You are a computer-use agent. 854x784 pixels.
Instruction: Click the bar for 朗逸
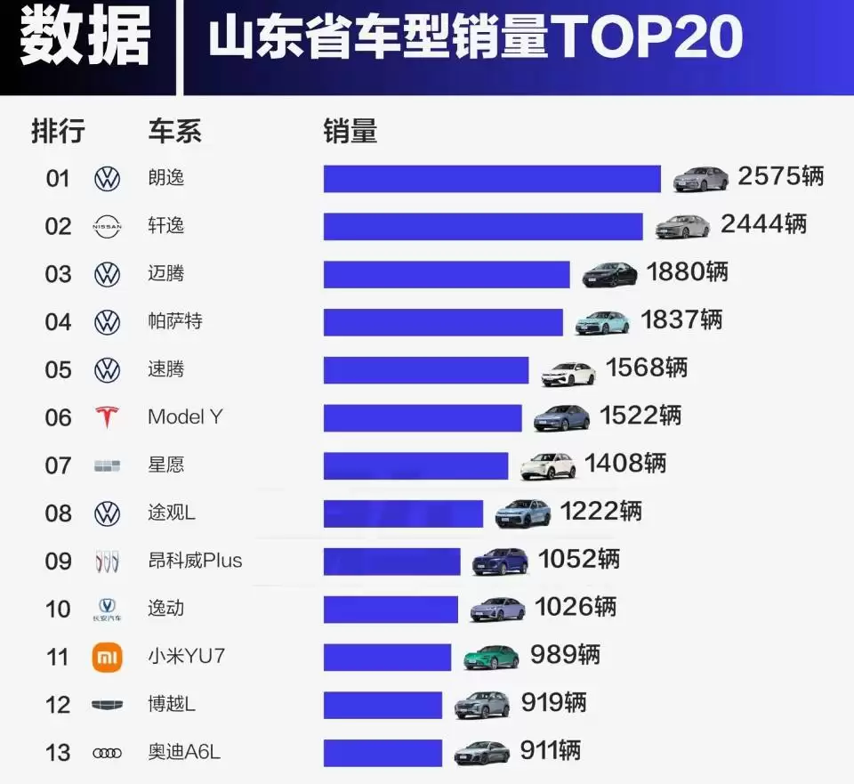click(x=492, y=178)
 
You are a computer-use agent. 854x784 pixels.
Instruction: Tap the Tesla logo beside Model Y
click(x=107, y=416)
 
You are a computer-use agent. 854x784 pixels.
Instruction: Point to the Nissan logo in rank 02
click(x=107, y=227)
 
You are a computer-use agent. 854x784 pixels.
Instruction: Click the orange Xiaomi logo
click(x=107, y=657)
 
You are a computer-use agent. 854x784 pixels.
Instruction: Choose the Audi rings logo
click(x=107, y=753)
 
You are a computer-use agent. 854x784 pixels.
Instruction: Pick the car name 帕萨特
click(x=174, y=320)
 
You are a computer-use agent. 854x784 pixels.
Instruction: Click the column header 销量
click(x=350, y=132)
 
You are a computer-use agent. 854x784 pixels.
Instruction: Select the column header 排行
click(x=58, y=132)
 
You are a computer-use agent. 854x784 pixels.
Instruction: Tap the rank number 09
click(x=58, y=562)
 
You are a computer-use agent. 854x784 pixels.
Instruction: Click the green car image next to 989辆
click(x=491, y=658)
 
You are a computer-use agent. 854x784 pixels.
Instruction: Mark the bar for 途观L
click(x=403, y=513)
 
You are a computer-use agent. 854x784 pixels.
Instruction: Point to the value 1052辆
click(x=579, y=559)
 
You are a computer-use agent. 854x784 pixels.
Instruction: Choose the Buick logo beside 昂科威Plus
click(x=107, y=562)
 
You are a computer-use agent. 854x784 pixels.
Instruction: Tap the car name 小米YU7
click(x=186, y=657)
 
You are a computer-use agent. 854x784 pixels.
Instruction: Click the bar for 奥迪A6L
click(x=383, y=753)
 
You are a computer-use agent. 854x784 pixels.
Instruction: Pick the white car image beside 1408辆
click(x=548, y=465)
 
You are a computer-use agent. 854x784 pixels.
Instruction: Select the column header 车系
click(x=174, y=132)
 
